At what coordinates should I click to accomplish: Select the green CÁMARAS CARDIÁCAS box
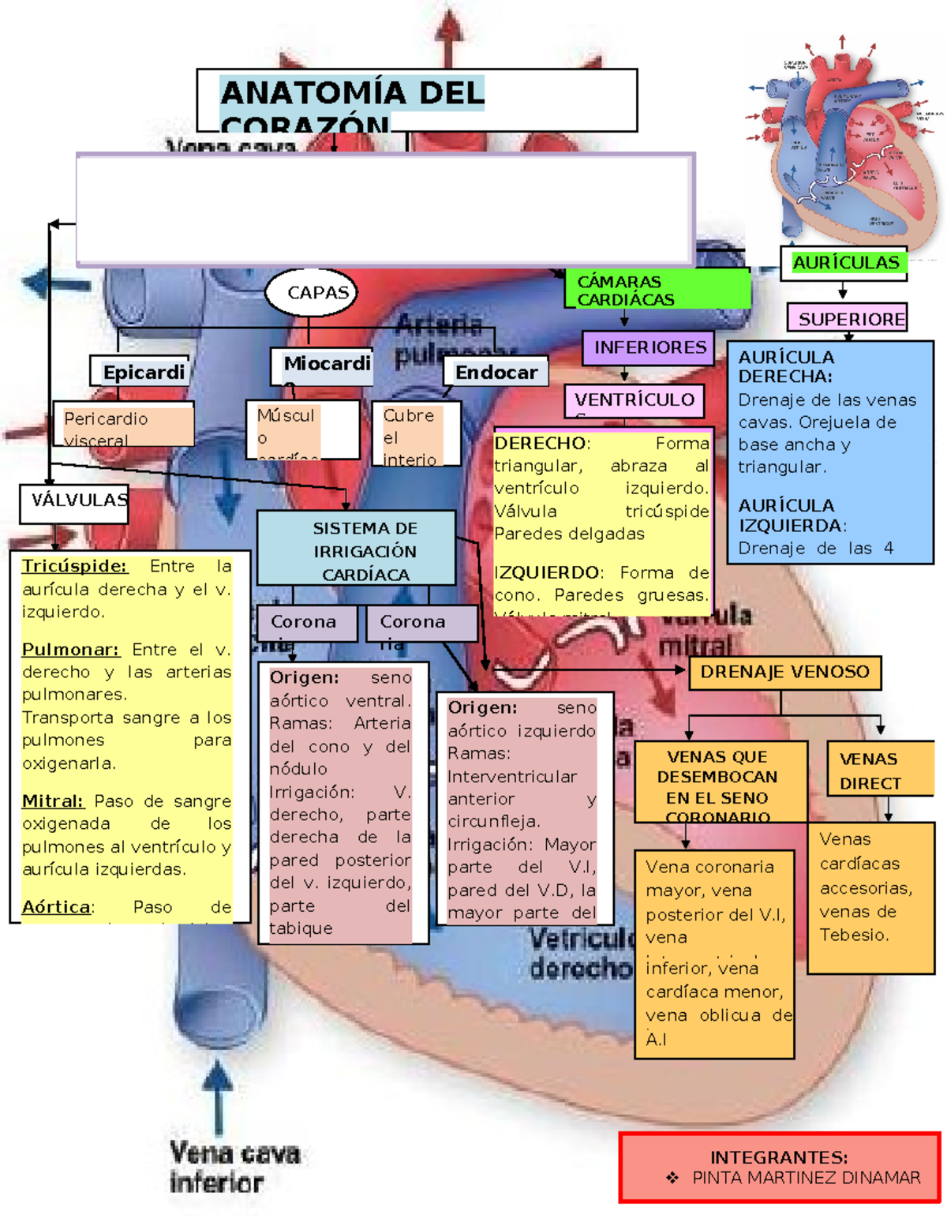tap(657, 290)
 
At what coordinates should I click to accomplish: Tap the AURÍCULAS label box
tap(844, 263)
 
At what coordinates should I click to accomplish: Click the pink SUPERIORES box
tap(848, 319)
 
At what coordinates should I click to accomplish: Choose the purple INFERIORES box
tap(649, 347)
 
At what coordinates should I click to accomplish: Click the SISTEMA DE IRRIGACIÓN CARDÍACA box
tap(357, 549)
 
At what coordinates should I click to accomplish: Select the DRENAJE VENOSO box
tap(784, 673)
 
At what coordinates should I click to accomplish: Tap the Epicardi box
tap(143, 372)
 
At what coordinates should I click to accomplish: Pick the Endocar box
tap(496, 372)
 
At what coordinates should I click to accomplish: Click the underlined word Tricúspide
tap(74, 566)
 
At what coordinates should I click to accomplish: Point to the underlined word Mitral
tap(52, 801)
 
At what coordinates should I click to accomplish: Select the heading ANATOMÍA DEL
tap(352, 93)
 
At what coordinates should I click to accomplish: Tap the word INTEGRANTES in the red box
tap(778, 1157)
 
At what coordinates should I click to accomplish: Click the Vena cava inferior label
tap(234, 1167)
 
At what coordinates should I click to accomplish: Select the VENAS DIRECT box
tap(871, 770)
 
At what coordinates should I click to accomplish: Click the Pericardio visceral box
tap(123, 426)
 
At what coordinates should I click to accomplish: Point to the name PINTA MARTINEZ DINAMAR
tap(806, 1178)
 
